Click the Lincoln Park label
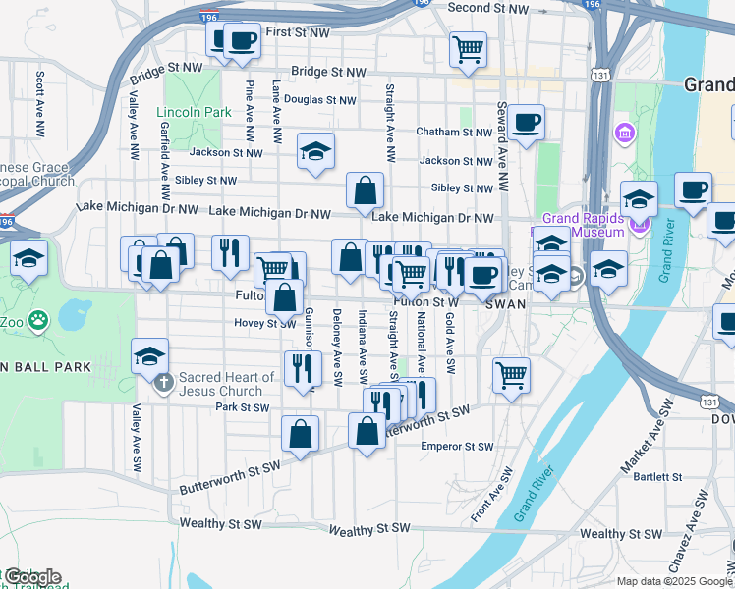coord(195,112)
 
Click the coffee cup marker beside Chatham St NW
coord(527,122)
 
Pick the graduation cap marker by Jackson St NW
coord(315,151)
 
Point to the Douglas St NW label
coord(320,100)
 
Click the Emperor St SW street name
coord(456,447)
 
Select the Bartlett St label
coord(657,477)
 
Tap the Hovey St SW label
coord(264,322)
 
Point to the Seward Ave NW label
coord(502,134)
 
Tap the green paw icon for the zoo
coord(38,319)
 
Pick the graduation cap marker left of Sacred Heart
coord(149,356)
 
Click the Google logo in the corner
coord(31,577)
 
